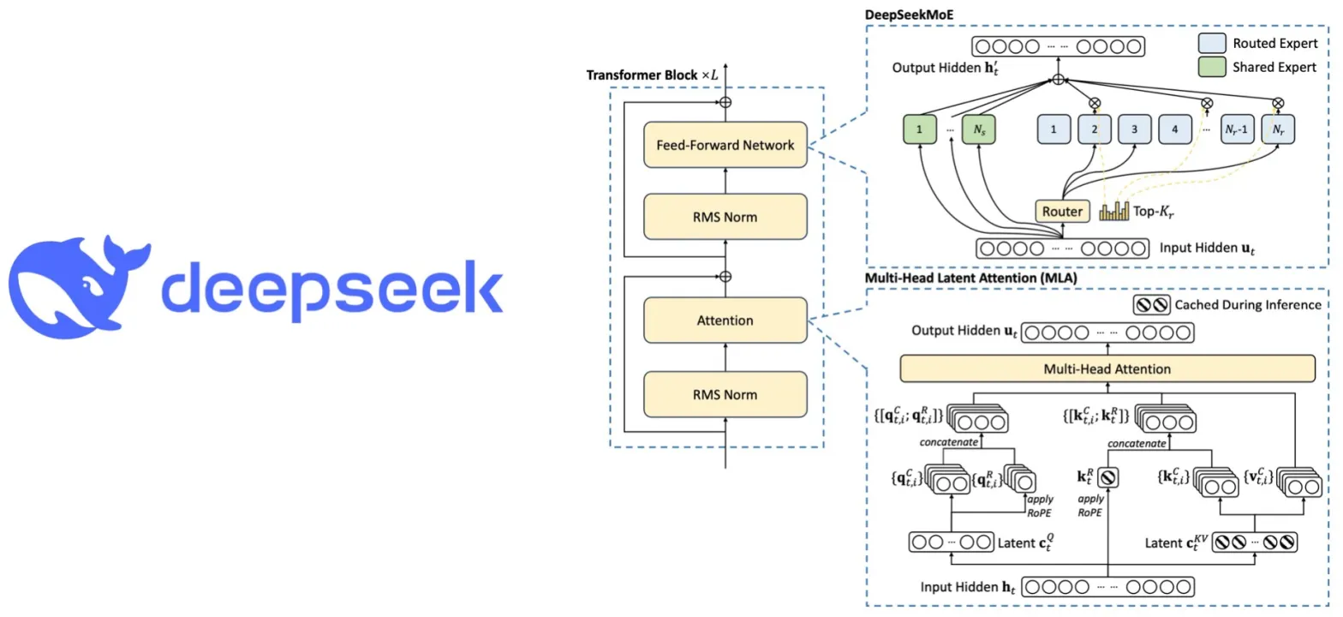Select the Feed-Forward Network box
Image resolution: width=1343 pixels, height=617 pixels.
pyautogui.click(x=725, y=145)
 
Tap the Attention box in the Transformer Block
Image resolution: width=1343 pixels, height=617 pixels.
pyautogui.click(x=725, y=320)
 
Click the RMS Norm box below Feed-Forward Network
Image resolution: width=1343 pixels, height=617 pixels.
pyautogui.click(x=725, y=217)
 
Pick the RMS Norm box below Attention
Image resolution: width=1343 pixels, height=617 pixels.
pyautogui.click(x=725, y=394)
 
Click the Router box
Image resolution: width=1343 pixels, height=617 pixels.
pyautogui.click(x=1062, y=211)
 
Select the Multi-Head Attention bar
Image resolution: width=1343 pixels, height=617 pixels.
pyautogui.click(x=1107, y=369)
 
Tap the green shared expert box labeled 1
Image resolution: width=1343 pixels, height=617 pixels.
pyautogui.click(x=921, y=129)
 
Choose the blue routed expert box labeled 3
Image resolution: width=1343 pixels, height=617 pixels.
pyautogui.click(x=1133, y=129)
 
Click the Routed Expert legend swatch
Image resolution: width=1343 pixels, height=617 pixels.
pyautogui.click(x=1214, y=43)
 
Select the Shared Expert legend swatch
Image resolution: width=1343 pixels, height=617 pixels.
pyautogui.click(x=1214, y=67)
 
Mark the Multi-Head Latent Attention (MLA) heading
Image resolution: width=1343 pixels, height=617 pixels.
pyautogui.click(x=971, y=278)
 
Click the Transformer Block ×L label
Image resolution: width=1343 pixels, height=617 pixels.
pyautogui.click(x=653, y=75)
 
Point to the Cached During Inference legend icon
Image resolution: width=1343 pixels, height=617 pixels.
pyautogui.click(x=1150, y=304)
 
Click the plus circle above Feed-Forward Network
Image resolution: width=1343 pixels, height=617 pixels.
pyautogui.click(x=725, y=101)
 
